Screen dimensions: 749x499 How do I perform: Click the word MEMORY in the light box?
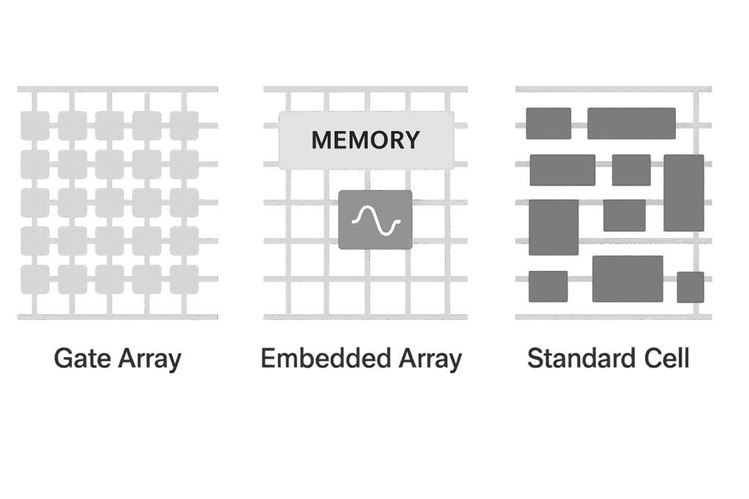click(366, 140)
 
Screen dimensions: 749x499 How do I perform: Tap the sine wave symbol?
click(375, 221)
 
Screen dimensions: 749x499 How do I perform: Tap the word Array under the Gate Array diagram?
click(150, 359)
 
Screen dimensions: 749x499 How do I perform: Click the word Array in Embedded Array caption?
click(430, 359)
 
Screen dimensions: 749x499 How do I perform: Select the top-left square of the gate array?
click(35, 126)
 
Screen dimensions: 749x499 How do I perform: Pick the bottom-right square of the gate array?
click(184, 279)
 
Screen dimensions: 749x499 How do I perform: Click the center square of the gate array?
click(110, 203)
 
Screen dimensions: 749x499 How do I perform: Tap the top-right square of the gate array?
click(184, 126)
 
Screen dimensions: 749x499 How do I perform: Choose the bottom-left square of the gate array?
click(35, 279)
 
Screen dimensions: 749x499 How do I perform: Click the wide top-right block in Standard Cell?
click(631, 123)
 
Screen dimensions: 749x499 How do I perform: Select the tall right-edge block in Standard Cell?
click(684, 193)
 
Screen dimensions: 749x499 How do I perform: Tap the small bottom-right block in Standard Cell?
click(690, 287)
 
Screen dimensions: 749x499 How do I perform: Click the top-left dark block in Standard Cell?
click(549, 123)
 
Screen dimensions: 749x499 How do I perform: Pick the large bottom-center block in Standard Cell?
click(628, 278)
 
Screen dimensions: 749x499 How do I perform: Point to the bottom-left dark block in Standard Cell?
click(549, 286)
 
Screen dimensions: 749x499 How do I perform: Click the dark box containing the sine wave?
click(375, 219)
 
